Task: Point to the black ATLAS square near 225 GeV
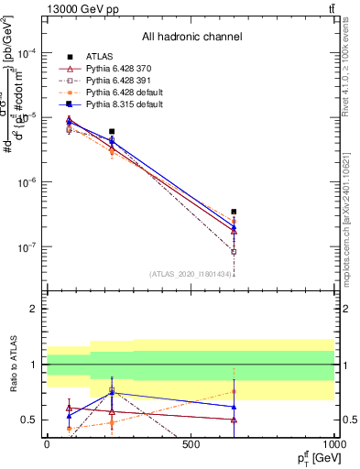pos(112,132)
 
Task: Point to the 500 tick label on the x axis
pos(191,443)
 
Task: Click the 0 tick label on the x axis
pos(47,443)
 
